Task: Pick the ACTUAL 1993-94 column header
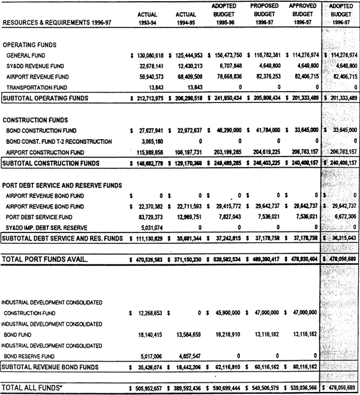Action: point(147,19)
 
